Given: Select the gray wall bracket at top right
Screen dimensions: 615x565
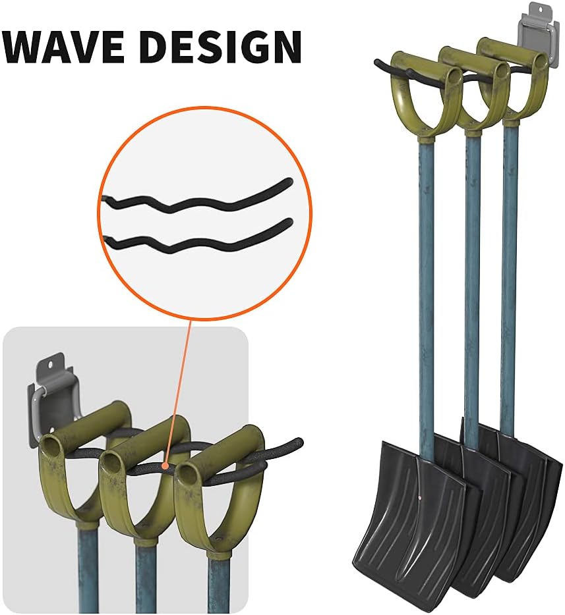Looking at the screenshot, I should click(537, 30).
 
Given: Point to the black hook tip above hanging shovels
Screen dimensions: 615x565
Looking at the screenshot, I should click(378, 64).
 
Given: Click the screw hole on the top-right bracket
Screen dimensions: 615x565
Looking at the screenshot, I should click(537, 11).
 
